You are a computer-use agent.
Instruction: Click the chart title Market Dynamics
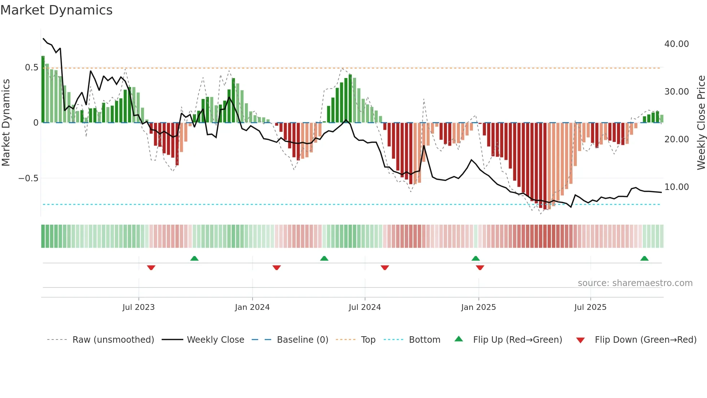57,10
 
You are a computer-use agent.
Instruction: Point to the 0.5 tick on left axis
31,68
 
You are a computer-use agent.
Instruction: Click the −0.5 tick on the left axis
28,178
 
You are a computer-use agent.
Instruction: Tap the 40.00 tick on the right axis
676,44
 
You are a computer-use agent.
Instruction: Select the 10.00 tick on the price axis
676,187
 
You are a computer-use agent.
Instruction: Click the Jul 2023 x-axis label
139,307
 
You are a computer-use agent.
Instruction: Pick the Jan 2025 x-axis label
478,307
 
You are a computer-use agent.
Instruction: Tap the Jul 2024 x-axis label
365,307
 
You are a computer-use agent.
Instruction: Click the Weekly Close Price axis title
701,123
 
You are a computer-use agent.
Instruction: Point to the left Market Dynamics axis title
6,123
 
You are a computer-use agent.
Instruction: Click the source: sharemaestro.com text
635,283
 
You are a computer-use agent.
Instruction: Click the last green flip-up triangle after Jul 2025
644,259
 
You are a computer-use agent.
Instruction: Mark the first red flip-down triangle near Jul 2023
151,267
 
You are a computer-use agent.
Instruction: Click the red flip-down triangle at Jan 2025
480,267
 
